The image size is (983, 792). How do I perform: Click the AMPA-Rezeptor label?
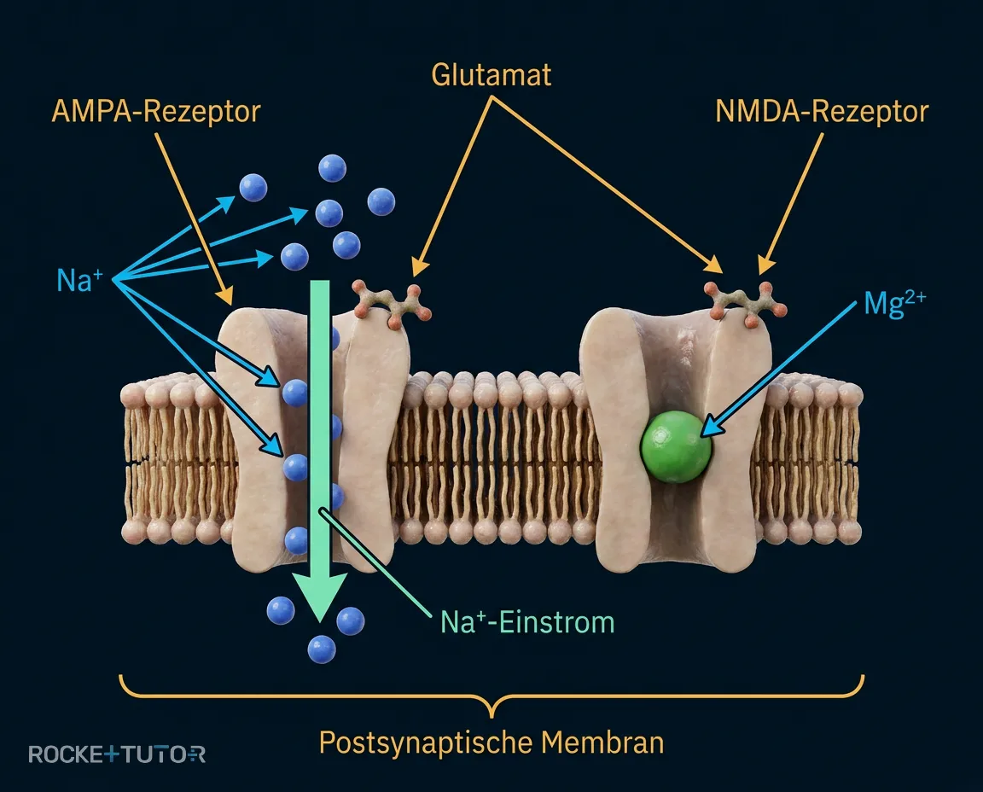pyautogui.click(x=155, y=112)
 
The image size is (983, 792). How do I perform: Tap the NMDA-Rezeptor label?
pyautogui.click(x=821, y=112)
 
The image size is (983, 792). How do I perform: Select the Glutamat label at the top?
pyautogui.click(x=491, y=74)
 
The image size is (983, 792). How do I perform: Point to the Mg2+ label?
pyautogui.click(x=894, y=304)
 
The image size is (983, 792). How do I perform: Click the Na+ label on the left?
pyautogui.click(x=79, y=280)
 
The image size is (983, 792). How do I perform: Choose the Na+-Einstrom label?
pyautogui.click(x=527, y=622)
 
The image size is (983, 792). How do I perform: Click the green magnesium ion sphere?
pyautogui.click(x=675, y=446)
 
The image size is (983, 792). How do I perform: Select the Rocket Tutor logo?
pyautogui.click(x=117, y=754)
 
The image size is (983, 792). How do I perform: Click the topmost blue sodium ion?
pyautogui.click(x=332, y=168)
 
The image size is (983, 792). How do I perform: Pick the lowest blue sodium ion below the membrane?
pyautogui.click(x=322, y=649)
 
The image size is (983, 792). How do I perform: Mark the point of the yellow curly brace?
pyautogui.click(x=491, y=715)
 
